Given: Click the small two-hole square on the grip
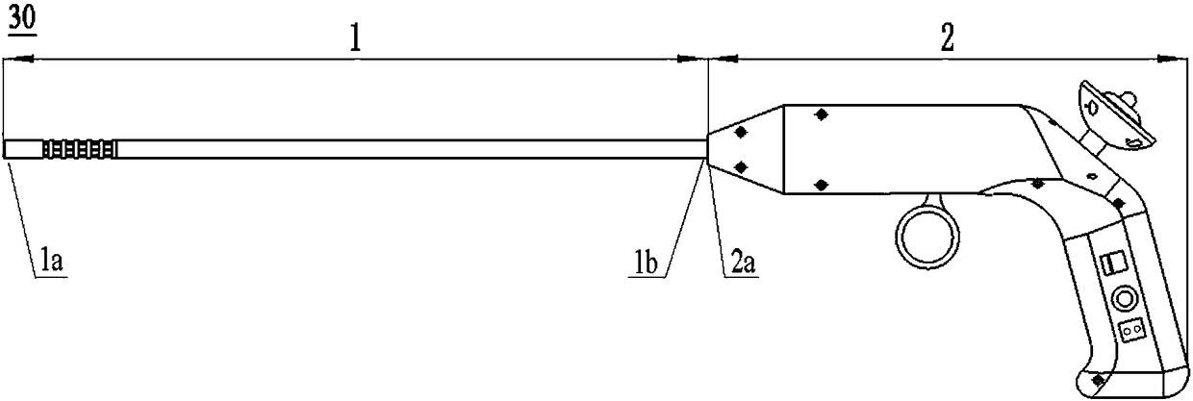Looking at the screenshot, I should tap(1130, 329).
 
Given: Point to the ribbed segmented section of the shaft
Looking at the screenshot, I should tap(80, 149).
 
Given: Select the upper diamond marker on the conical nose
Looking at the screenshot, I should tap(741, 130).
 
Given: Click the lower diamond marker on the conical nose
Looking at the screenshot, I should tap(741, 167).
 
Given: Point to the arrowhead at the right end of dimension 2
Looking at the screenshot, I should tap(1173, 59).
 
